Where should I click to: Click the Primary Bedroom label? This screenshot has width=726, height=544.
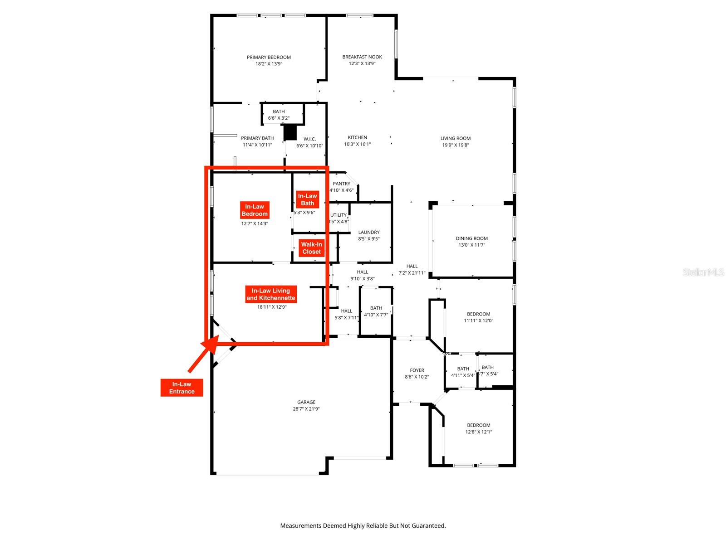pyautogui.click(x=269, y=57)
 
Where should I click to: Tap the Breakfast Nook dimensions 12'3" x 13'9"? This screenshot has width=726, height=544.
pyautogui.click(x=362, y=64)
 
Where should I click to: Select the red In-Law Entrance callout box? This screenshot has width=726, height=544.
pyautogui.click(x=181, y=388)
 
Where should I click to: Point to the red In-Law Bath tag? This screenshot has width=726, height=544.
pyautogui.click(x=307, y=199)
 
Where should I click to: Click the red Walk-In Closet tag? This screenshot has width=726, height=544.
pyautogui.click(x=311, y=248)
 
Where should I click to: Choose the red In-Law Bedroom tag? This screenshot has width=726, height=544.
pyautogui.click(x=255, y=210)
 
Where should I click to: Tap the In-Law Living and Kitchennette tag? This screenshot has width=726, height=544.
pyautogui.click(x=271, y=294)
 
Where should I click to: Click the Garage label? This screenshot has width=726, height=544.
pyautogui.click(x=306, y=402)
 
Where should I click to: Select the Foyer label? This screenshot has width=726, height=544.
pyautogui.click(x=417, y=370)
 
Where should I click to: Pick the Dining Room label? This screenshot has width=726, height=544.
pyautogui.click(x=471, y=238)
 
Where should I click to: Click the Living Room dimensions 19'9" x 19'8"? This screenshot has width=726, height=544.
pyautogui.click(x=456, y=145)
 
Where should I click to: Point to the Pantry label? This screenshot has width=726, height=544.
pyautogui.click(x=341, y=184)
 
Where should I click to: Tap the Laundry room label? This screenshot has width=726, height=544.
pyautogui.click(x=368, y=232)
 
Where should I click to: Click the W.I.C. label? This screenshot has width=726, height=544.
pyautogui.click(x=309, y=139)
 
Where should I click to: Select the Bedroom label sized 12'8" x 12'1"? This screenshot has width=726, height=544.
pyautogui.click(x=479, y=425)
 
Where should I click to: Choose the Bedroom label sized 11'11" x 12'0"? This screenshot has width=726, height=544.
pyautogui.click(x=479, y=314)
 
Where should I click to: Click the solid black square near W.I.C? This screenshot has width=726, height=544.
pyautogui.click(x=290, y=132)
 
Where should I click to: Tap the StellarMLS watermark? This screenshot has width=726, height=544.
pyautogui.click(x=703, y=272)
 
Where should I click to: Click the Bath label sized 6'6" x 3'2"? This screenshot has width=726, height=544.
pyautogui.click(x=279, y=112)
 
